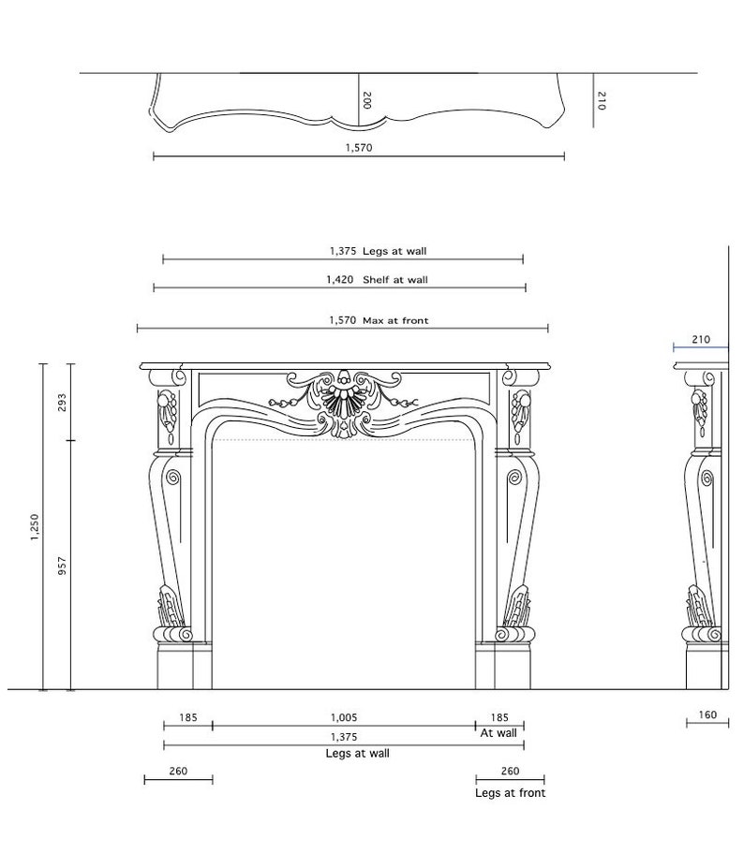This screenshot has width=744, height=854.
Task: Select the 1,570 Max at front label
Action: [x=378, y=320]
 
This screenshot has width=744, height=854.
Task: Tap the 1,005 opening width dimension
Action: [x=344, y=718]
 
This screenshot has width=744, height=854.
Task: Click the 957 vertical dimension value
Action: [x=63, y=566]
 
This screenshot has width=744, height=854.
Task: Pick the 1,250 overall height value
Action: [x=35, y=526]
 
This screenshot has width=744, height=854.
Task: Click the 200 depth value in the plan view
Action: [x=366, y=100]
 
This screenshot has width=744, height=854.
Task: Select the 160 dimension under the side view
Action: [x=707, y=715]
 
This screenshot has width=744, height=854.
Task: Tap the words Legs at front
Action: [x=510, y=793]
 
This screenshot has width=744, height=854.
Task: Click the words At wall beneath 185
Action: [x=498, y=733]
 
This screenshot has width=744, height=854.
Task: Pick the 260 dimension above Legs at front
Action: [x=511, y=772]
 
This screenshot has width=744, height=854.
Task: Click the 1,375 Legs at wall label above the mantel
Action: [x=378, y=251]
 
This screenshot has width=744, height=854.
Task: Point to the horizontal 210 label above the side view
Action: [x=701, y=340]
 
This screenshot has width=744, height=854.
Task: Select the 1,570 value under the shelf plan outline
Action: [x=359, y=148]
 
